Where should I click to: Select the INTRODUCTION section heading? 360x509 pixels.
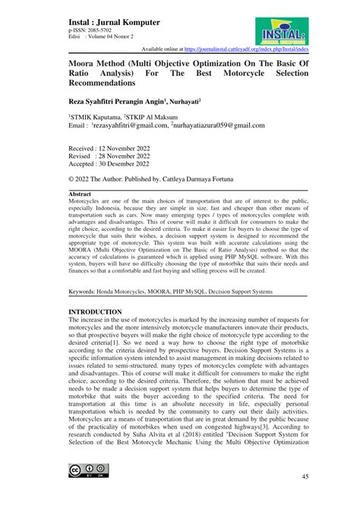point(95,312)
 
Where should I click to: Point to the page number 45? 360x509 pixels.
point(305,476)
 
